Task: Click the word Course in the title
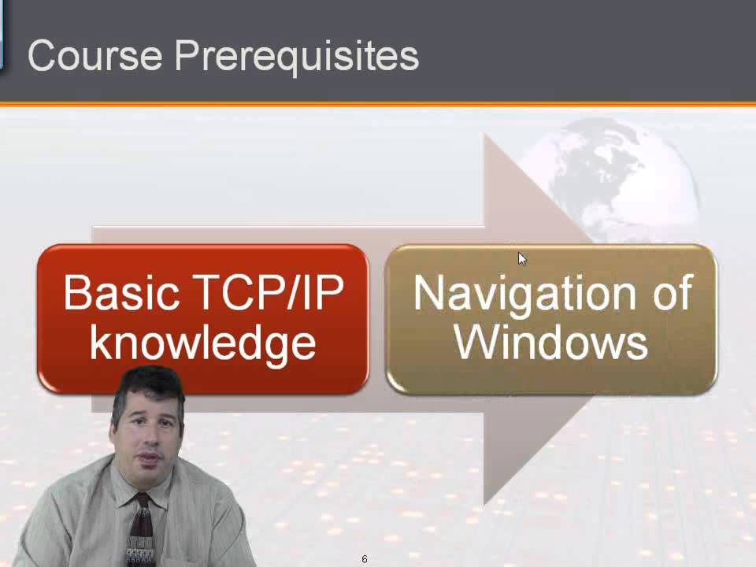pyautogui.click(x=94, y=56)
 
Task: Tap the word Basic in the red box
pyautogui.click(x=121, y=293)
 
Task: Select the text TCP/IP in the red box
pyautogui.click(x=268, y=293)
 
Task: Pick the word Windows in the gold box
pyautogui.click(x=551, y=343)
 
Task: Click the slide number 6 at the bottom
pyautogui.click(x=365, y=559)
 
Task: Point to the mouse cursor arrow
pyautogui.click(x=521, y=258)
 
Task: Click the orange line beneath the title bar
pyautogui.click(x=378, y=104)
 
